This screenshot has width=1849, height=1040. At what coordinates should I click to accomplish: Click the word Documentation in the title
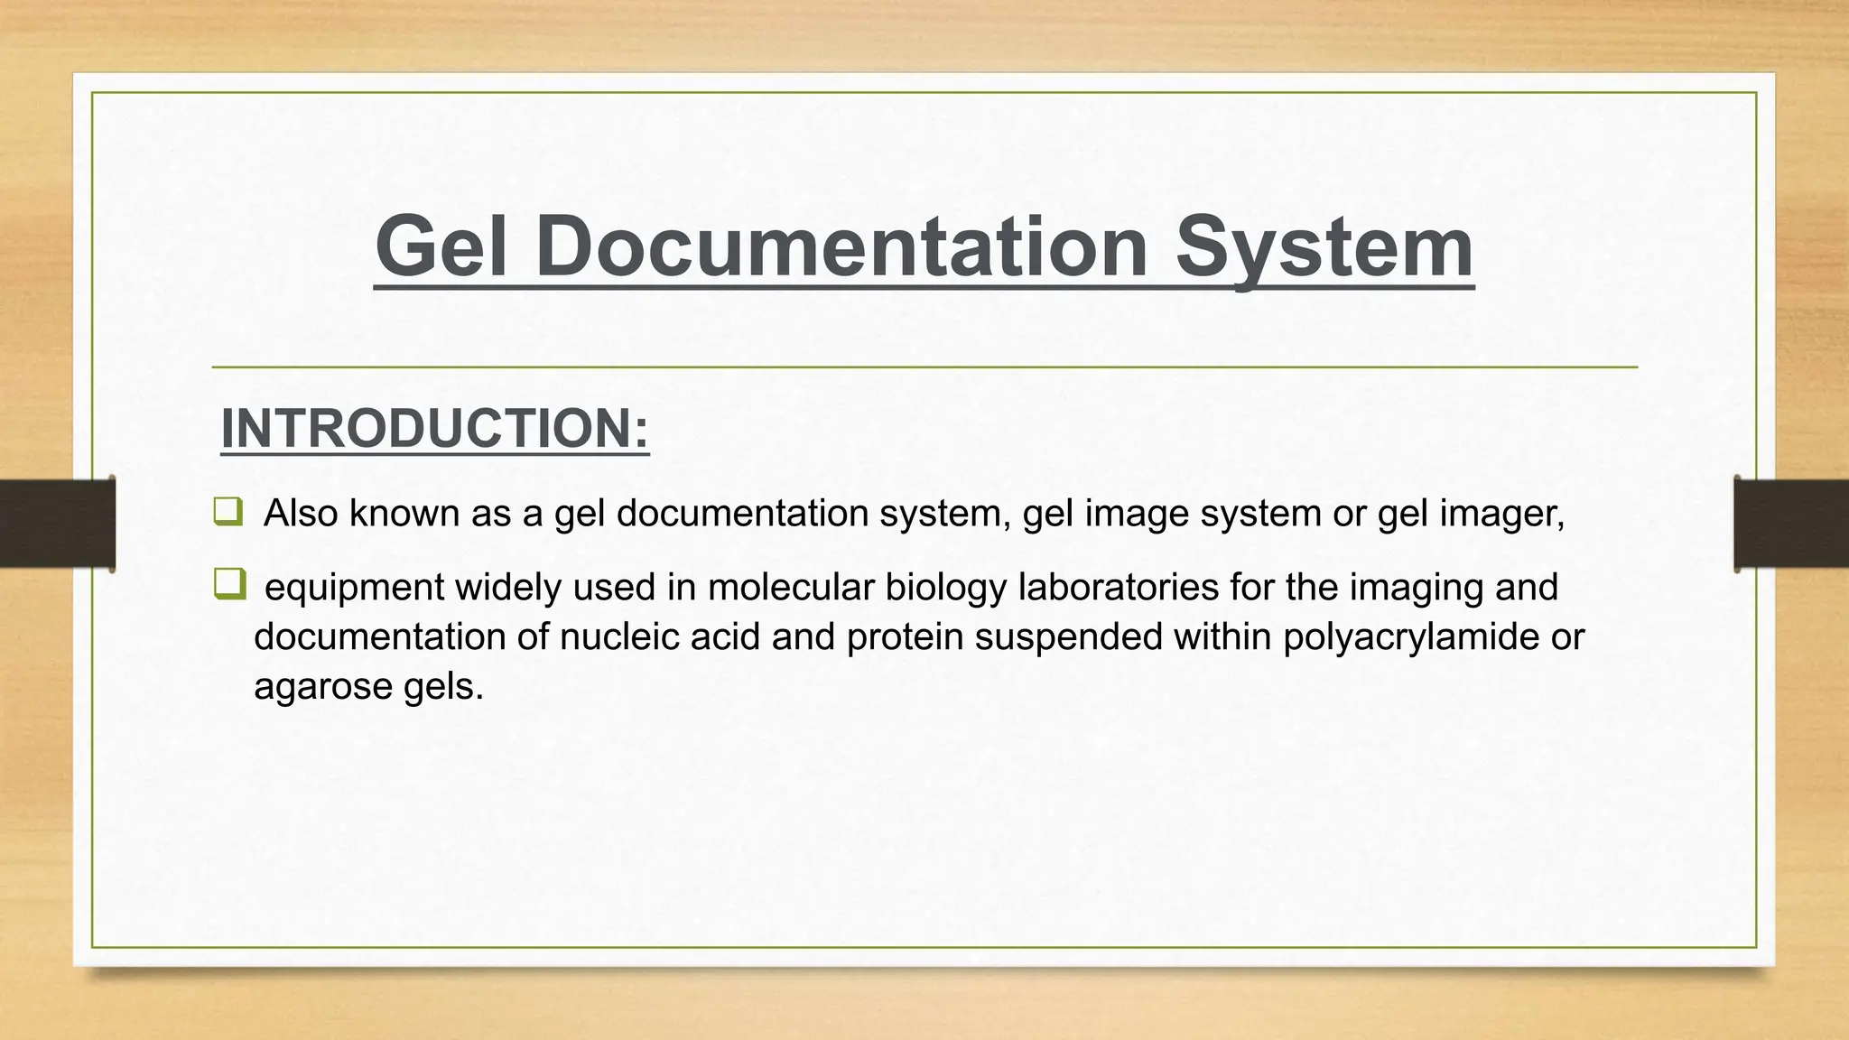coord(841,247)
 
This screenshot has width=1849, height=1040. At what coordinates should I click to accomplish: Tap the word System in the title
coord(1324,247)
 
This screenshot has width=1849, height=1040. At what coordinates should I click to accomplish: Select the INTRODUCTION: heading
coord(434,428)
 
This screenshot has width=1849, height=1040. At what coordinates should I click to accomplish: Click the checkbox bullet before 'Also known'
coord(228,512)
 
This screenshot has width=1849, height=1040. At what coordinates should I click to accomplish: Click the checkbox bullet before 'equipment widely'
coord(229,584)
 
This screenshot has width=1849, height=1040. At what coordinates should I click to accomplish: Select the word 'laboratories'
coord(1118,588)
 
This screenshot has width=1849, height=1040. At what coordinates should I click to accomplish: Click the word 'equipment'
coord(353,588)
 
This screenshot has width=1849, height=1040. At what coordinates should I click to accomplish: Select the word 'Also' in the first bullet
coord(301,514)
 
